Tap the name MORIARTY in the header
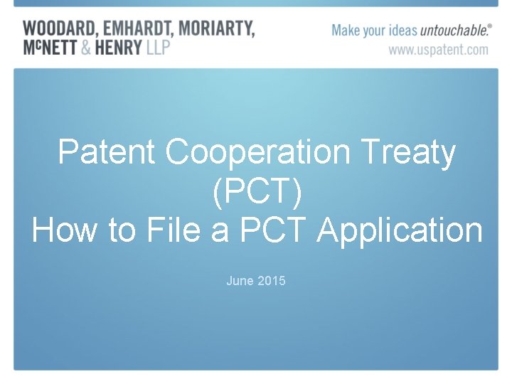[x=217, y=29]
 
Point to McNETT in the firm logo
[x=50, y=48]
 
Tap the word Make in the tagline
[x=346, y=31]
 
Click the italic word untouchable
[x=452, y=31]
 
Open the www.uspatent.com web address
[x=438, y=49]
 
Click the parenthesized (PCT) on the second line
[x=256, y=191]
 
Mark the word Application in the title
[x=400, y=230]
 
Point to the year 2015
[x=272, y=281]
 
